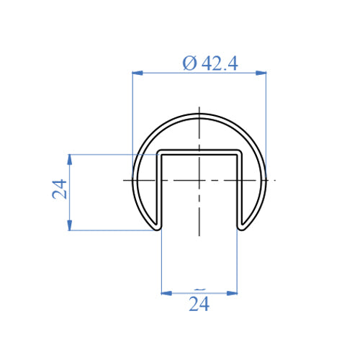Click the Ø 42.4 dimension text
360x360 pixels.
tap(210, 63)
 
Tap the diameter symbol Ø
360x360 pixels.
tap(189, 63)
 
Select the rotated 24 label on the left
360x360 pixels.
tap(60, 189)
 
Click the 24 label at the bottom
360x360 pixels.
tap(199, 305)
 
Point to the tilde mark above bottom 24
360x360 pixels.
tap(199, 286)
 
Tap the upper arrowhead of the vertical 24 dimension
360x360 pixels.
tap(69, 158)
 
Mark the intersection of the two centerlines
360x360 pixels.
tap(199, 179)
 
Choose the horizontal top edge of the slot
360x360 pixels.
tap(199, 152)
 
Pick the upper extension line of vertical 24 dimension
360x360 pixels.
tap(108, 154)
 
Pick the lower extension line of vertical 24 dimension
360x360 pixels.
tap(108, 230)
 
